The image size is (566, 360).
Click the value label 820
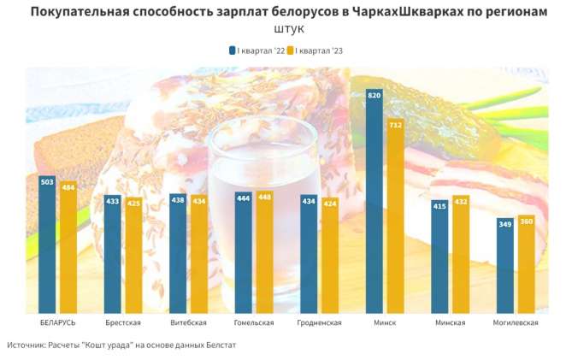click(x=374, y=96)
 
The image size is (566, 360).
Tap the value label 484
click(x=68, y=187)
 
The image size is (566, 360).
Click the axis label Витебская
click(x=189, y=322)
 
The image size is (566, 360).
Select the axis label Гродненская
click(x=319, y=322)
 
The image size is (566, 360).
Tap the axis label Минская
click(x=450, y=322)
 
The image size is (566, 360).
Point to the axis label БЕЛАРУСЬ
click(x=58, y=322)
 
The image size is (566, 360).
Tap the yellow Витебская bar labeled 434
click(x=199, y=254)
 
